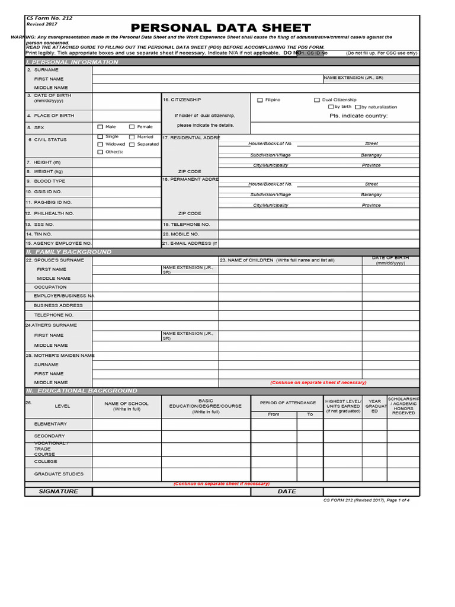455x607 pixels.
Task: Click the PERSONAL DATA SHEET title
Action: coord(220,28)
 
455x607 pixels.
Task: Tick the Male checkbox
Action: coord(100,127)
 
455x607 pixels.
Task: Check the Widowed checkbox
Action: coord(100,144)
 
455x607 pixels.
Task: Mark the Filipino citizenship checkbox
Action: coord(259,100)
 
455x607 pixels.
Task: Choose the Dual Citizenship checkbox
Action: coord(317,100)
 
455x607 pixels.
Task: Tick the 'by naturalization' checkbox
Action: coord(357,107)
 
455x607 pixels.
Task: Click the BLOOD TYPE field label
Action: coord(50,181)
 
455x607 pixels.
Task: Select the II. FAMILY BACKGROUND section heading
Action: coord(68,252)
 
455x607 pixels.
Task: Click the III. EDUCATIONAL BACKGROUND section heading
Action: coord(81,391)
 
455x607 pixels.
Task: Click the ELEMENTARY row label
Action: coord(50,424)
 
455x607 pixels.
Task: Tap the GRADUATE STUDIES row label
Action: coord(59,474)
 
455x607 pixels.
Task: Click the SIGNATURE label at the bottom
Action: coord(58,491)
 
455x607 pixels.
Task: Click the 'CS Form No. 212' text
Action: coord(49,18)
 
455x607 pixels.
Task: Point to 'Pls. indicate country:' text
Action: coord(358,116)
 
